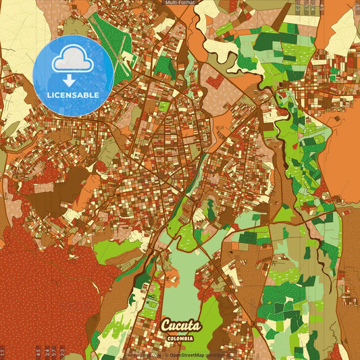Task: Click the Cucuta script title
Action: tap(180, 326)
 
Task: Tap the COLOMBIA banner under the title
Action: tap(181, 338)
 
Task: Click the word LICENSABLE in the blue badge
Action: tap(72, 95)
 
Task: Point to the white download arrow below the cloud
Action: tap(70, 80)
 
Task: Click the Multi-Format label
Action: tap(180, 3)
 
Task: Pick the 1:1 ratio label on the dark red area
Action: tap(2, 352)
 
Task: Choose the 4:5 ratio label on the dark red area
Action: tap(38, 352)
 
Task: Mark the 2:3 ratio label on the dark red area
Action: tap(62, 352)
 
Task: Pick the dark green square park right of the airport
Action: tap(164, 66)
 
